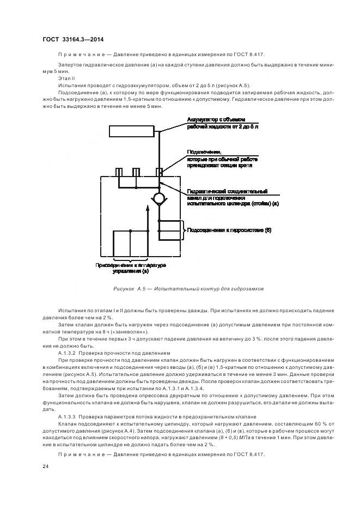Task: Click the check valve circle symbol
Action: pyautogui.click(x=158, y=198)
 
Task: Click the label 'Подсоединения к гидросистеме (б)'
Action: pyautogui.click(x=229, y=230)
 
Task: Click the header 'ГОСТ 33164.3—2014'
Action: pyautogui.click(x=73, y=40)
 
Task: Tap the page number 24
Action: pyautogui.click(x=46, y=466)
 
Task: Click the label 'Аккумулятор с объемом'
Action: pyautogui.click(x=217, y=119)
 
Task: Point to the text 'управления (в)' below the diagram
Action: pyautogui.click(x=130, y=271)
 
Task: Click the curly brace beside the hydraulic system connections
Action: pyautogui.click(x=183, y=230)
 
